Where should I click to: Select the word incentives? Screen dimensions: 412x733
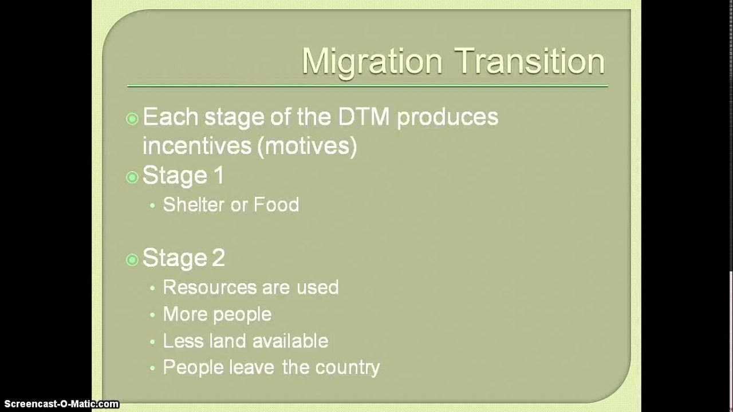coord(197,146)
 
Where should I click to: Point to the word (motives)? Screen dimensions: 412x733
coord(307,146)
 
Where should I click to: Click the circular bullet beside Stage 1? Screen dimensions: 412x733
coord(132,177)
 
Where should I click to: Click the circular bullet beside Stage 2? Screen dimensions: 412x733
coord(132,260)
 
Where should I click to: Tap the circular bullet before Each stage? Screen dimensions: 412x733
coord(132,119)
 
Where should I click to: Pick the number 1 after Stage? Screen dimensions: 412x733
coord(218,176)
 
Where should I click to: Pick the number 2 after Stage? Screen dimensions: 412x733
coord(218,259)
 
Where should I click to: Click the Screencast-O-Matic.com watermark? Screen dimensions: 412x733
coord(60,404)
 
